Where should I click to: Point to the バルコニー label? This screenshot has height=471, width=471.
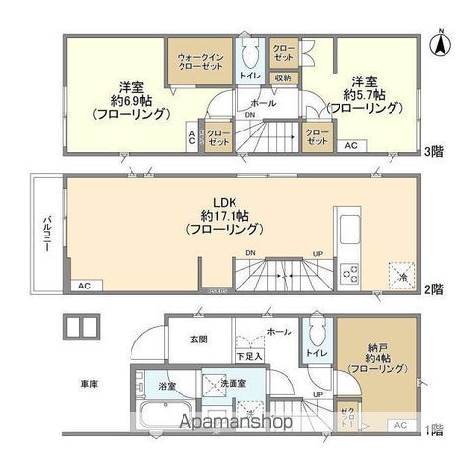point(45,234)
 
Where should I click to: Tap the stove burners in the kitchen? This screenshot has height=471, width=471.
point(348,272)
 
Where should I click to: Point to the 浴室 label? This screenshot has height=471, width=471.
point(168,387)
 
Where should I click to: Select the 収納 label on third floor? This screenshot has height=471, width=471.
point(283,78)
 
